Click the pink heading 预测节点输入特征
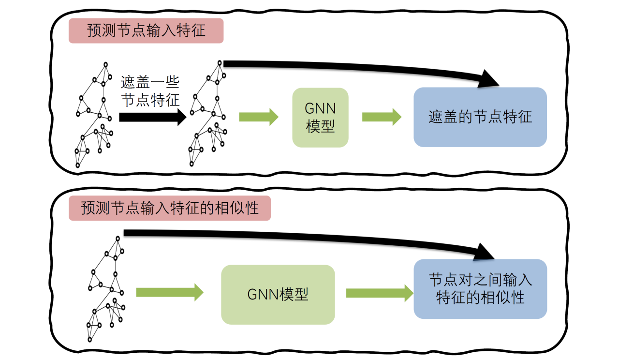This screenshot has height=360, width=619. click(146, 31)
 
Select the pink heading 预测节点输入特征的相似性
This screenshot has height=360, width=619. click(169, 208)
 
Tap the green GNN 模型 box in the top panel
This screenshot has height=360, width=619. click(320, 118)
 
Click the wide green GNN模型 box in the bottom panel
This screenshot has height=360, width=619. click(278, 294)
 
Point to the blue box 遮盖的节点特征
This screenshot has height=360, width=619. click(480, 117)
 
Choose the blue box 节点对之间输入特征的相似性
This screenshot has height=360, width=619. click(480, 289)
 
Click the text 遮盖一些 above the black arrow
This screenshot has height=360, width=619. click(149, 83)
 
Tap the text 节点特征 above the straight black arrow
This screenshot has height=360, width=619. click(149, 100)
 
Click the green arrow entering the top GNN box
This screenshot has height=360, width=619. click(259, 117)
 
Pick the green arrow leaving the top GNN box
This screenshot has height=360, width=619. click(382, 117)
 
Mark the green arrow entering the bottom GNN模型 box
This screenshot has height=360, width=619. click(169, 292)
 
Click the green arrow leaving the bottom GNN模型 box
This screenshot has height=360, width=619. click(380, 292)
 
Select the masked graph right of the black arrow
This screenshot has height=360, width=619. click(208, 113)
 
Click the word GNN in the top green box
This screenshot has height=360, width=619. click(320, 108)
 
